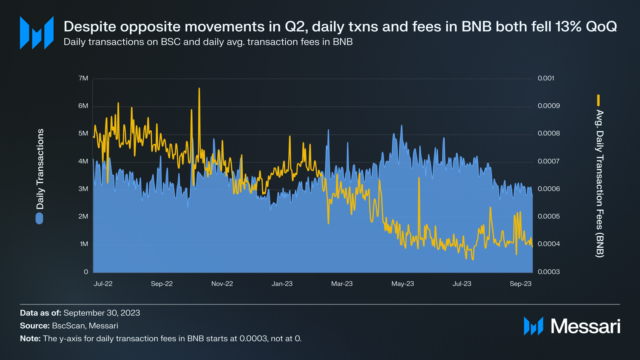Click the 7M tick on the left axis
[x=83, y=78]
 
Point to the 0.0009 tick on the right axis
[x=549, y=106]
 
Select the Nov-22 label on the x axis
[x=222, y=284]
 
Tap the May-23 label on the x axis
[x=402, y=284]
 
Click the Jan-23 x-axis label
[x=282, y=284]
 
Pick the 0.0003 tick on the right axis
[x=549, y=272]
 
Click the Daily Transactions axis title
[x=40, y=169]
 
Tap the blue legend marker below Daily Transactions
[x=39, y=218]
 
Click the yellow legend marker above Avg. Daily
[x=598, y=100]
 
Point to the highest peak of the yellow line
[x=199, y=89]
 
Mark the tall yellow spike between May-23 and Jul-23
[x=419, y=178]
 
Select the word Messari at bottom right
[x=585, y=326]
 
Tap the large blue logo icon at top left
[x=37, y=33]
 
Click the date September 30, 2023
[x=102, y=313]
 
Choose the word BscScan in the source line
[x=68, y=326]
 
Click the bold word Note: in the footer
[x=30, y=338]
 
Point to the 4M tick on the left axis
[x=83, y=161]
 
